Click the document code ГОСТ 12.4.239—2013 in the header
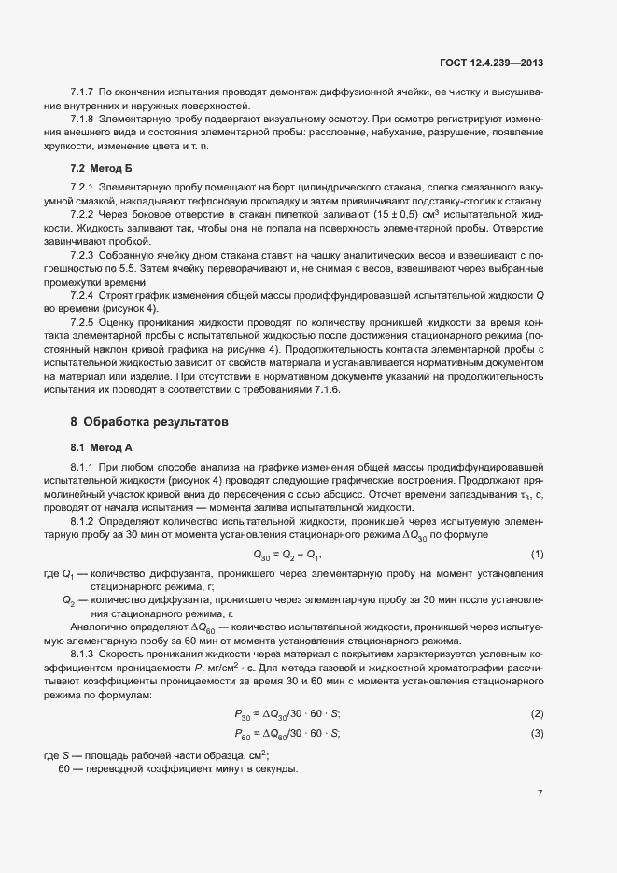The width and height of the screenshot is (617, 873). click(x=491, y=63)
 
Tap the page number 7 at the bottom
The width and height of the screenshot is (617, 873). click(x=540, y=794)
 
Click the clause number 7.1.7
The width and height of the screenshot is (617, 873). click(x=82, y=90)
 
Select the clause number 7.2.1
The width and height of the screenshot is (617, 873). click(x=82, y=188)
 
